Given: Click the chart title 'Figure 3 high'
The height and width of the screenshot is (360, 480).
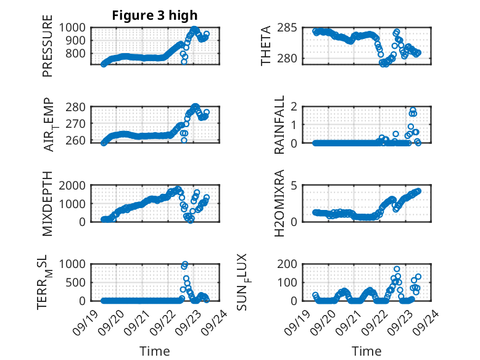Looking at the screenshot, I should click(x=154, y=15).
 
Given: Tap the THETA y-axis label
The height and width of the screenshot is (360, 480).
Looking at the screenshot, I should click(x=265, y=46).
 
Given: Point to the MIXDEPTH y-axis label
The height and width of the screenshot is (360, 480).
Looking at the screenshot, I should click(x=48, y=203).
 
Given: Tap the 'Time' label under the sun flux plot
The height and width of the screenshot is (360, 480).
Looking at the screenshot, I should click(x=366, y=351).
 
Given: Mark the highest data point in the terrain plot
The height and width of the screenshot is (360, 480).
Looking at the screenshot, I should click(x=185, y=264).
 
